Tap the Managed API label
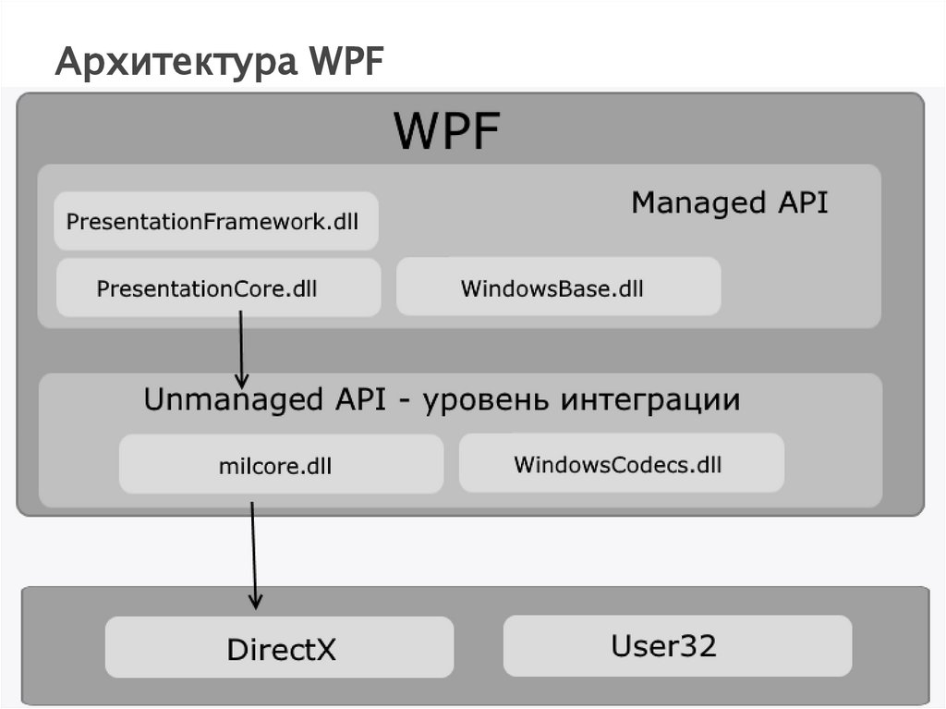729,202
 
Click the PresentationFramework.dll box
215,222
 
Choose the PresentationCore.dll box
218,288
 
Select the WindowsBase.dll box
558,288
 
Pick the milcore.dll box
281,465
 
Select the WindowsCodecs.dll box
621,463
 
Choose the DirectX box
280,648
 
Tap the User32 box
676,645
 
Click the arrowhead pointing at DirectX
256,601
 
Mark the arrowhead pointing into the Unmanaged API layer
242,380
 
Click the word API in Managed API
801,202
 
